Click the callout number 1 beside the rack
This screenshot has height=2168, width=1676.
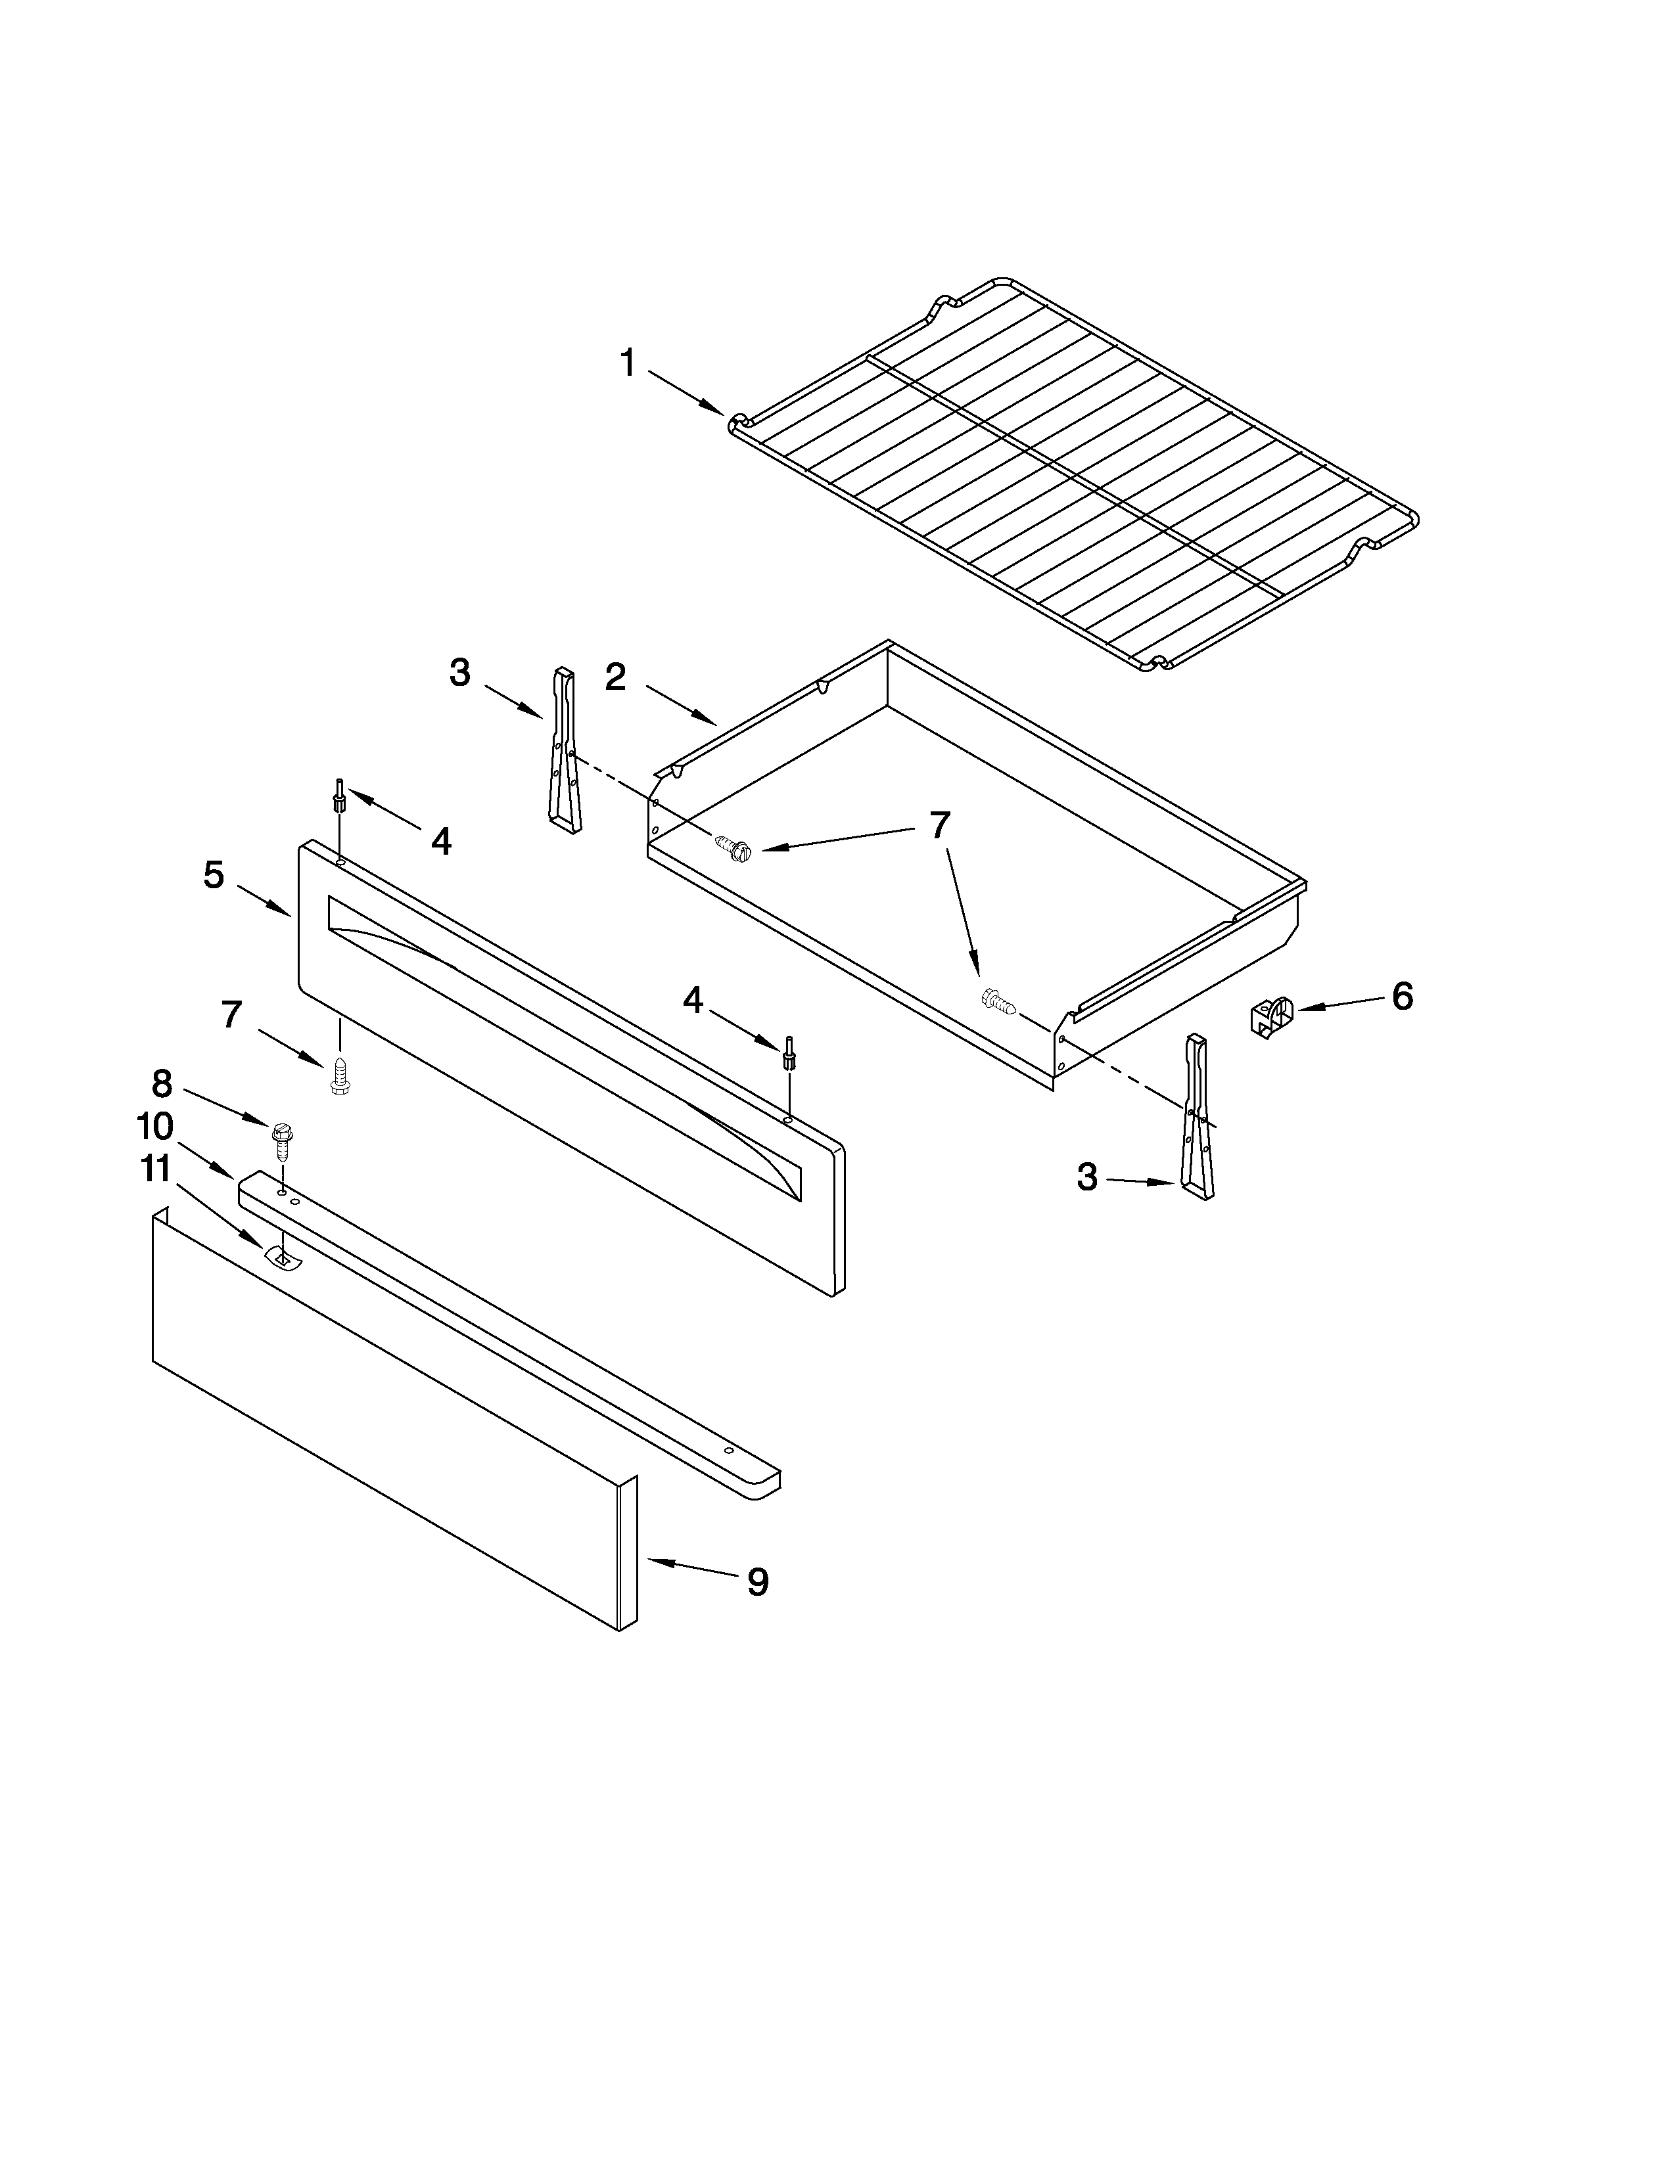628,363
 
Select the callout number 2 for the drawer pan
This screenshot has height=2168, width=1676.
616,677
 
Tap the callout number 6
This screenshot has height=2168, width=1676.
1402,996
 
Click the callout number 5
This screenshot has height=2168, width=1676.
214,874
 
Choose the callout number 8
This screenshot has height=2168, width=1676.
162,1083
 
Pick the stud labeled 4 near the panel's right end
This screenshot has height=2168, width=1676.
789,1052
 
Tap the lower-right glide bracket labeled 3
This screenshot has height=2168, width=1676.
1196,1118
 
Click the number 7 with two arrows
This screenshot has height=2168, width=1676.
939,825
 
